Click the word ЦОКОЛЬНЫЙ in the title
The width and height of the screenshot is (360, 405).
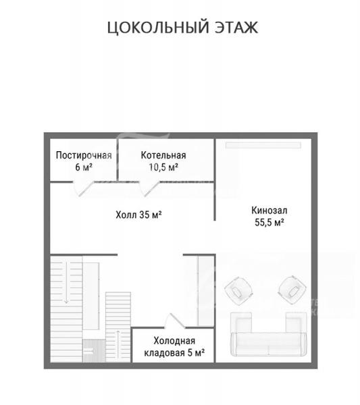pyautogui.click(x=158, y=28)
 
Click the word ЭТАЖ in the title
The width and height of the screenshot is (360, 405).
pyautogui.click(x=236, y=28)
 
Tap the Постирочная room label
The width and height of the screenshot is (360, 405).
pyautogui.click(x=84, y=155)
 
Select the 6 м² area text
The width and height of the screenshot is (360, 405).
pyautogui.click(x=84, y=167)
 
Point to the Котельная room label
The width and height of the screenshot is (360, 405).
pyautogui.click(x=163, y=155)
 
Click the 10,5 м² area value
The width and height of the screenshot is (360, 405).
pyautogui.click(x=163, y=167)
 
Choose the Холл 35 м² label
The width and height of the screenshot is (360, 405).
pyautogui.click(x=138, y=215)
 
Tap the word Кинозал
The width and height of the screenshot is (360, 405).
pyautogui.click(x=269, y=211)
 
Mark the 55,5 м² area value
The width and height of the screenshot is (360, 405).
pyautogui.click(x=269, y=222)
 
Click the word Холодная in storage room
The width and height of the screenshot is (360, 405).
pyautogui.click(x=174, y=341)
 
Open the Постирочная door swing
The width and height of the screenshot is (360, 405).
pyautogui.click(x=83, y=188)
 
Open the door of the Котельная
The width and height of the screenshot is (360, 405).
pyautogui.click(x=149, y=188)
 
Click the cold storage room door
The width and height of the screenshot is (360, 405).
pyautogui.click(x=175, y=321)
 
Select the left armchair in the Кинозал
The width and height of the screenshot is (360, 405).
pyautogui.click(x=238, y=291)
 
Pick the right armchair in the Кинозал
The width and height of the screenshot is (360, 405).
pyautogui.click(x=292, y=291)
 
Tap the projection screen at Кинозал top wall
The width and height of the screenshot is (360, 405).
pyautogui.click(x=263, y=145)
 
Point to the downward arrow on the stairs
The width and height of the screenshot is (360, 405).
pyautogui.click(x=66, y=282)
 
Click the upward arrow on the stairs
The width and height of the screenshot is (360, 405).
pyautogui.click(x=118, y=344)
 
